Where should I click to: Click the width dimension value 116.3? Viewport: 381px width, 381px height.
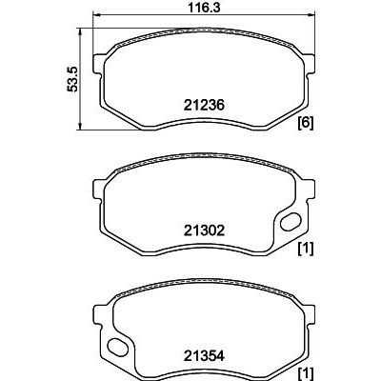(204, 8)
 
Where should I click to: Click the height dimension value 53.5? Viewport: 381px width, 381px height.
(72, 79)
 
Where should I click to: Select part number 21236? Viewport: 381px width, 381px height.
(204, 105)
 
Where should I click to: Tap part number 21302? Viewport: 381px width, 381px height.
(204, 231)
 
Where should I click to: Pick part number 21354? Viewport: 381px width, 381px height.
(204, 356)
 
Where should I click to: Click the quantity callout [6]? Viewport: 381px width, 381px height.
(306, 123)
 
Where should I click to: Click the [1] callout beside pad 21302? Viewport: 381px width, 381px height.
(306, 249)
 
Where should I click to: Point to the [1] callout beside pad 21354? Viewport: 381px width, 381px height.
(306, 373)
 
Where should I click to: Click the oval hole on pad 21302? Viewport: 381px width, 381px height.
(291, 222)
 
